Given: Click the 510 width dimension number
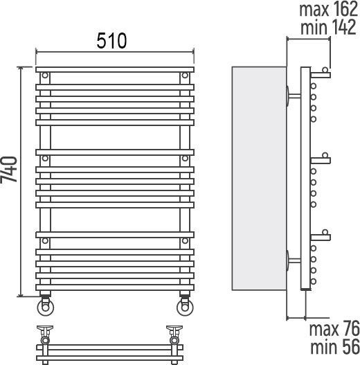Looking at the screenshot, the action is click(111, 41).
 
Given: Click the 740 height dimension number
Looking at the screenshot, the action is click(9, 169).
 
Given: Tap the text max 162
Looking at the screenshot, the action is click(328, 9).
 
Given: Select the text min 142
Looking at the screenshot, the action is click(328, 27).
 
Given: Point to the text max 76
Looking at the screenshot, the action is click(334, 329).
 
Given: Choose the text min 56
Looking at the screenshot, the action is click(335, 347).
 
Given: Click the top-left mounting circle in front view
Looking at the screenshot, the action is click(45, 75).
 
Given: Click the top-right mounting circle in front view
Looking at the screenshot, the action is click(185, 75).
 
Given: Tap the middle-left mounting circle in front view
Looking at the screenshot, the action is click(45, 159).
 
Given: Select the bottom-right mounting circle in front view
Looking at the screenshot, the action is click(185, 241).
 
